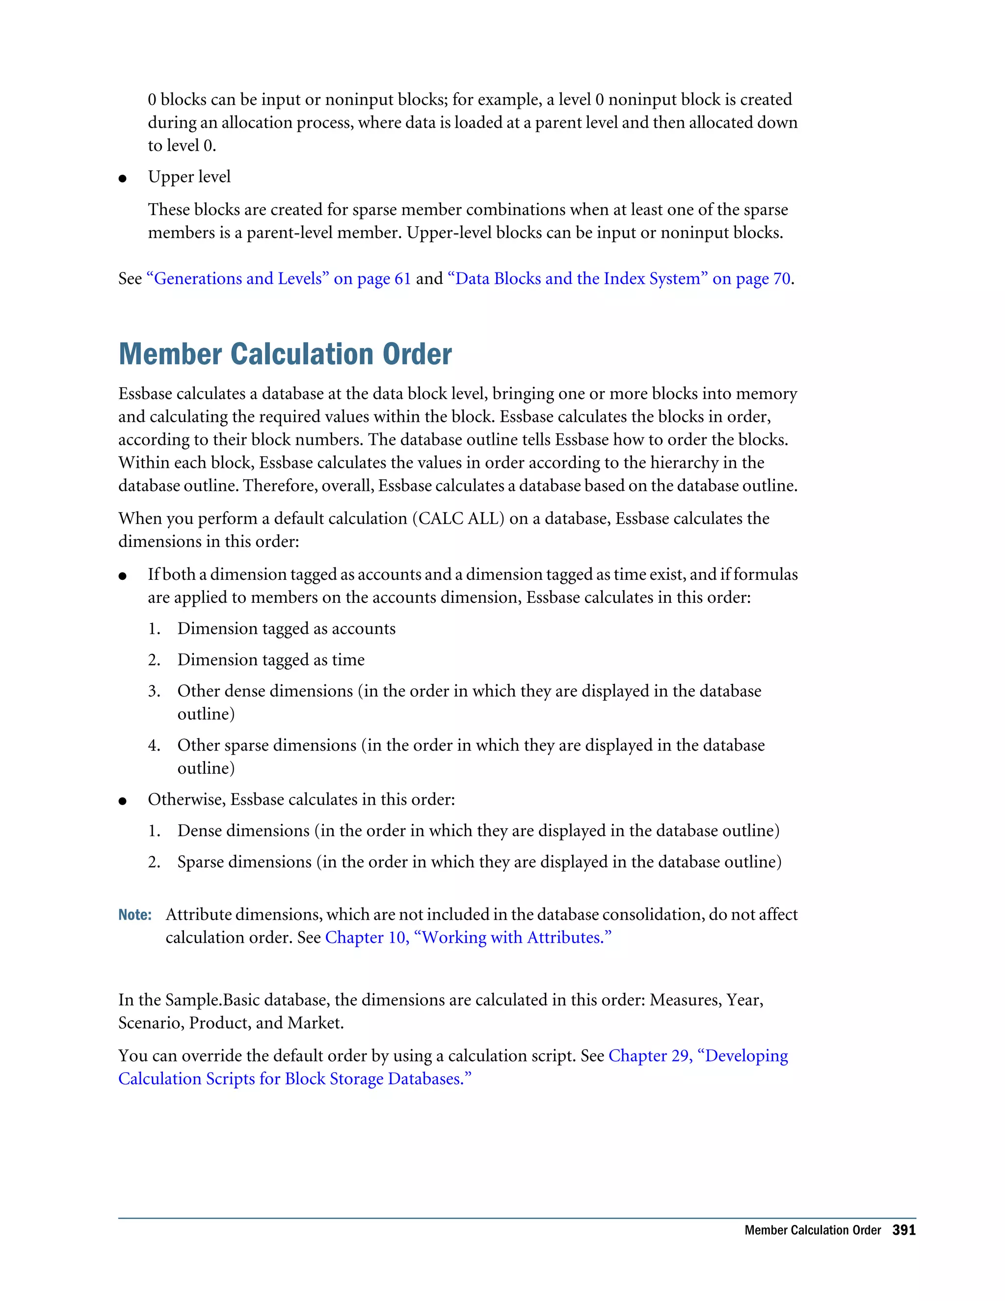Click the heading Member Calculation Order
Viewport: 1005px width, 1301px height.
[x=285, y=354]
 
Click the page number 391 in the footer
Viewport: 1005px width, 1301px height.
[x=903, y=1230]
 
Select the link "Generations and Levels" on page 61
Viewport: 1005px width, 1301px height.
[x=279, y=279]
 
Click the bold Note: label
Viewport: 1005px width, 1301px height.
[x=135, y=915]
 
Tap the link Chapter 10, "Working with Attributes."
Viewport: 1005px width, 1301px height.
[x=468, y=938]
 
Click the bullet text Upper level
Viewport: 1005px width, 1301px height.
[x=189, y=177]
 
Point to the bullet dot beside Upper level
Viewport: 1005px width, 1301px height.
[x=123, y=178]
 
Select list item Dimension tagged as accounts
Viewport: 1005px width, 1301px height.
[x=287, y=628]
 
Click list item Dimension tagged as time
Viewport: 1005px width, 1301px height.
[x=271, y=660]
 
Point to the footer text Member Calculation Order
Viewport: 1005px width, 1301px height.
[x=812, y=1230]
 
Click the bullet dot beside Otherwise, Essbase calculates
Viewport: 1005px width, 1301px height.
[x=123, y=801]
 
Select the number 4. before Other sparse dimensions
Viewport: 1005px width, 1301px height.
[x=154, y=745]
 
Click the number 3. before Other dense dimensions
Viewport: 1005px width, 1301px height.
[x=154, y=691]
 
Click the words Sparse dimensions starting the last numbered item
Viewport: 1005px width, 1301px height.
[x=244, y=862]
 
